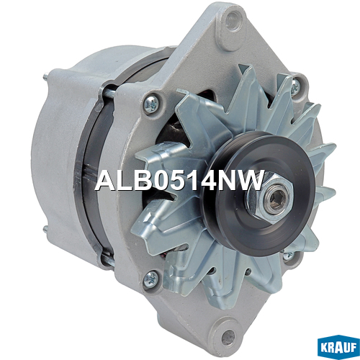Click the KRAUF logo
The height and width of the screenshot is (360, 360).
point(338,348)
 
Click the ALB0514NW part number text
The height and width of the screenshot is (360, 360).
point(179,181)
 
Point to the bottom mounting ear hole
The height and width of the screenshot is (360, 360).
point(228,338)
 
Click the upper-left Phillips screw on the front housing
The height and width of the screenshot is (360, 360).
point(152,104)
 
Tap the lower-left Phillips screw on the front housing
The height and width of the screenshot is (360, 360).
point(150,279)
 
